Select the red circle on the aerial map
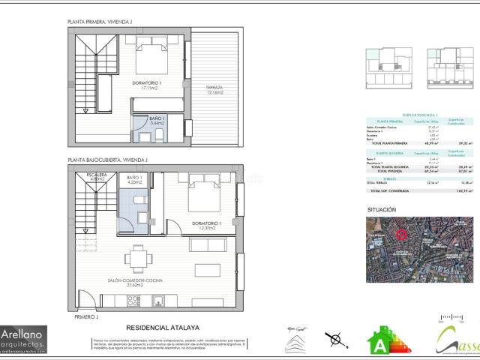(402, 234)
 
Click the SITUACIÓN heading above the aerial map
(382, 209)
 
